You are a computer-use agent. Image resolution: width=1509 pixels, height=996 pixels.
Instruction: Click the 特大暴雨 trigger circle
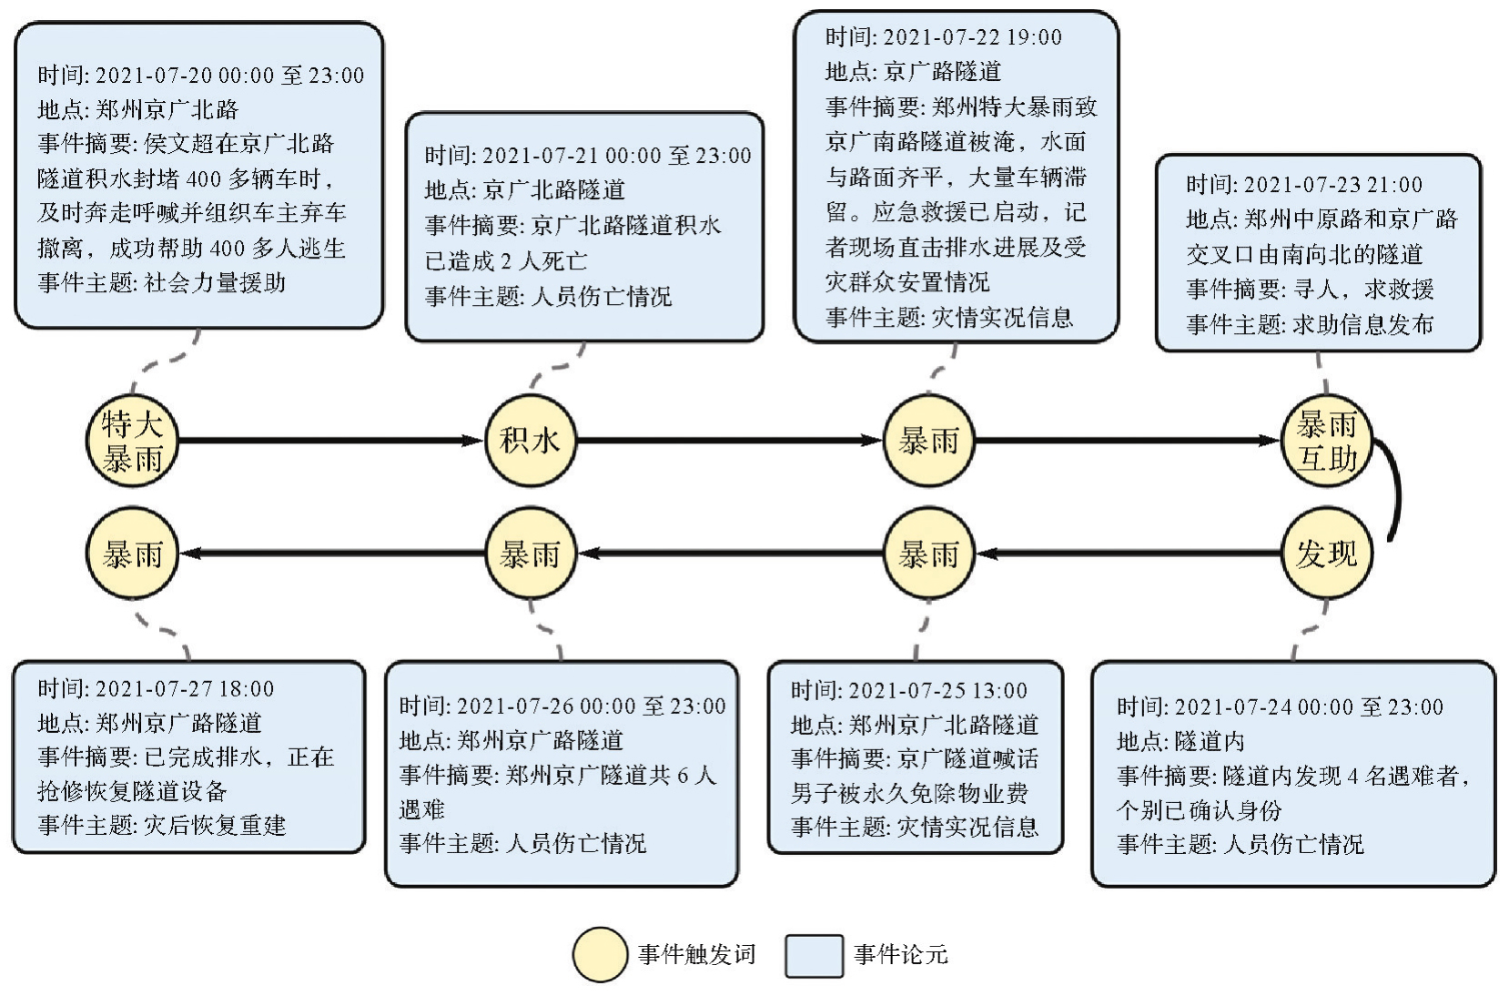132,442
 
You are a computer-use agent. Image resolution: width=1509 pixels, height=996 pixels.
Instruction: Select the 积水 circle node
531,442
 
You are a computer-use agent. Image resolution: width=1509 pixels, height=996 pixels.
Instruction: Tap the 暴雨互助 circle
1326,442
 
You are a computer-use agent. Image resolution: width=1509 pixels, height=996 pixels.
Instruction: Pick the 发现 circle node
1326,554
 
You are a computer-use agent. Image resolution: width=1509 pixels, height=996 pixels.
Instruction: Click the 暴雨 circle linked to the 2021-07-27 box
132,554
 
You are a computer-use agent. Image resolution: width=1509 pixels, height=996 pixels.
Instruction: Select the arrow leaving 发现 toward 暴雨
1129,554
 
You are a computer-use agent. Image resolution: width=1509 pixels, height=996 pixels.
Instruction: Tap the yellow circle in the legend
600,955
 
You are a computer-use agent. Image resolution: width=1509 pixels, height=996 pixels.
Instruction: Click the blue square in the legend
814,955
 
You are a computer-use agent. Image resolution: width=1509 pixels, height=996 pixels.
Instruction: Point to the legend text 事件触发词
697,955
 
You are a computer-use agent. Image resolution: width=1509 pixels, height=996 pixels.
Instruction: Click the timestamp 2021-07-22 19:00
972,37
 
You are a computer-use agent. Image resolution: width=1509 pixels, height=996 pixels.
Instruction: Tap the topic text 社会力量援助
215,283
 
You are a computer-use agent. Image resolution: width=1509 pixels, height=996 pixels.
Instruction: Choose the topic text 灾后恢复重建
215,826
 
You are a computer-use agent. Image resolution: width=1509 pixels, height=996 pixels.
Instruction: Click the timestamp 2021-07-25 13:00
937,691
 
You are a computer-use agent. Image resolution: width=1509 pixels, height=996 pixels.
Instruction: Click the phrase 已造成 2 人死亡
506,261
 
